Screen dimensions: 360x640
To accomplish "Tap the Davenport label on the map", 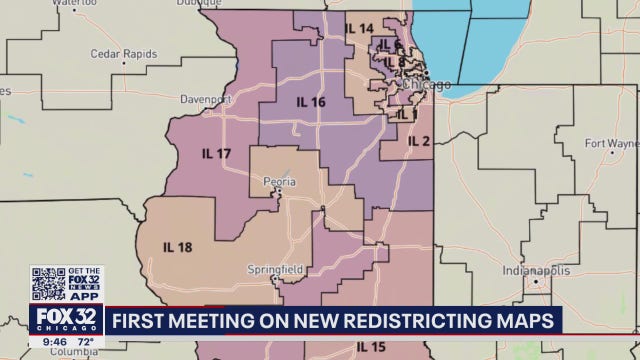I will pos(205,100).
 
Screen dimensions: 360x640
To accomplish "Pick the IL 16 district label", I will pos(310,102).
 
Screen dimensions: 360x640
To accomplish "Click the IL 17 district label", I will pos(216,154).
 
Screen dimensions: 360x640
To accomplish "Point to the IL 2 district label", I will pos(418,141).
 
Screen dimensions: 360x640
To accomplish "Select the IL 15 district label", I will pos(372,347).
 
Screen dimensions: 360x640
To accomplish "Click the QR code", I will pos(48,283).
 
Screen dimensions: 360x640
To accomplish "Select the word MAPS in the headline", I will pos(522,321).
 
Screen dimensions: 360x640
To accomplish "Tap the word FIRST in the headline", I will pos(143,321).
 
